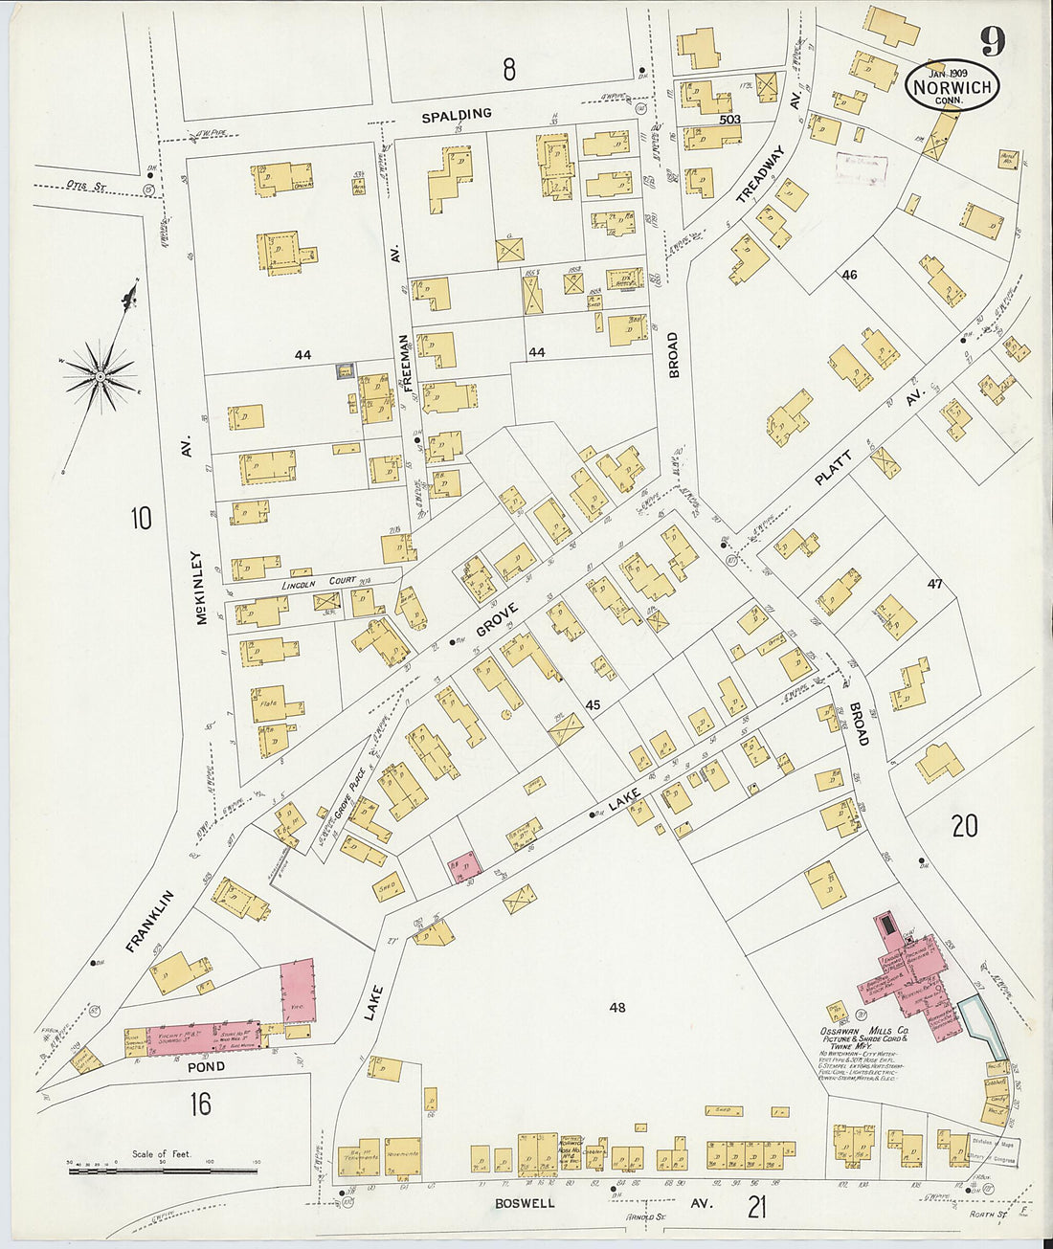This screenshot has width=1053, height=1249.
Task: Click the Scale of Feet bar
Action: (163, 1170)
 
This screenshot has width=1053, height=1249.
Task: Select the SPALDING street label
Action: (458, 114)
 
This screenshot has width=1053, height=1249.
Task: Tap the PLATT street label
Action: (833, 468)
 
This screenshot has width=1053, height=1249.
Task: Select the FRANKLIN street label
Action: (151, 921)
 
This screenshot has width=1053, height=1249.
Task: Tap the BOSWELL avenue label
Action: (525, 1203)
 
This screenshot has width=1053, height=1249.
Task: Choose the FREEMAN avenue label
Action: (405, 365)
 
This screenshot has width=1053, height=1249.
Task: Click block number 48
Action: (617, 1007)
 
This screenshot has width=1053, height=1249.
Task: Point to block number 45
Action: (593, 705)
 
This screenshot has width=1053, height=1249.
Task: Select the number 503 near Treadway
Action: (730, 120)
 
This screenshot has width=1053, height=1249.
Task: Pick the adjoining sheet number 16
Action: (199, 1104)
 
